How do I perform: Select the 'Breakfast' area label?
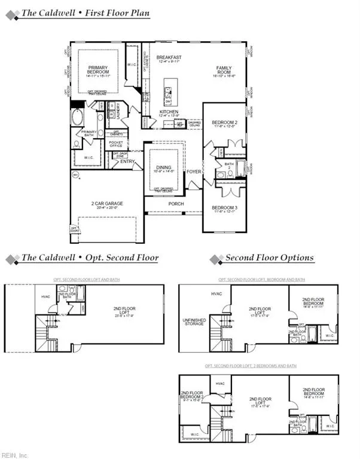pyautogui.click(x=169, y=58)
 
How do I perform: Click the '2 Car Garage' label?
pyautogui.click(x=107, y=204)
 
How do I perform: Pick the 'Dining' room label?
pyautogui.click(x=164, y=168)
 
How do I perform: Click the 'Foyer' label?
pyautogui.click(x=194, y=172)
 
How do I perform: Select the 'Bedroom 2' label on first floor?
pyautogui.click(x=224, y=123)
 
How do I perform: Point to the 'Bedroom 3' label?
pyautogui.click(x=224, y=209)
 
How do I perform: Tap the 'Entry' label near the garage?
pyautogui.click(x=127, y=161)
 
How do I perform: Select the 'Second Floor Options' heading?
pyautogui.click(x=269, y=258)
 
